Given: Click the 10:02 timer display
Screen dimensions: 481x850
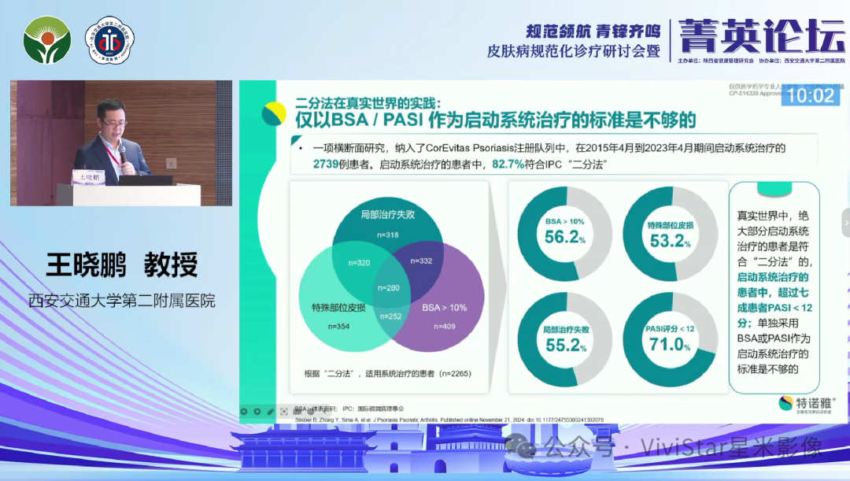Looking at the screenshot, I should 811,95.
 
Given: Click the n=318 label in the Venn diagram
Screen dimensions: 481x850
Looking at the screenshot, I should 387,235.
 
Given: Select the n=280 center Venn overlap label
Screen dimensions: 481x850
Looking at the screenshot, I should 388,287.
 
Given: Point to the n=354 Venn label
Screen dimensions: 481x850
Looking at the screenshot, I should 322,325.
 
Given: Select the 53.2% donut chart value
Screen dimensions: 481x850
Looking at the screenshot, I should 670,241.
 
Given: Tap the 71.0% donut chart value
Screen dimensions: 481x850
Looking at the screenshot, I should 670,344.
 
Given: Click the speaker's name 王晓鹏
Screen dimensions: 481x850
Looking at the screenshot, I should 87,265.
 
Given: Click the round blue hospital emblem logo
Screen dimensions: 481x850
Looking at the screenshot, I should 109,41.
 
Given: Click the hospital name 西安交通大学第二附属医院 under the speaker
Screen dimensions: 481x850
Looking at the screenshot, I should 121,301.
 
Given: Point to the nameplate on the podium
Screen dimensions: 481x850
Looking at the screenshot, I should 88,179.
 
